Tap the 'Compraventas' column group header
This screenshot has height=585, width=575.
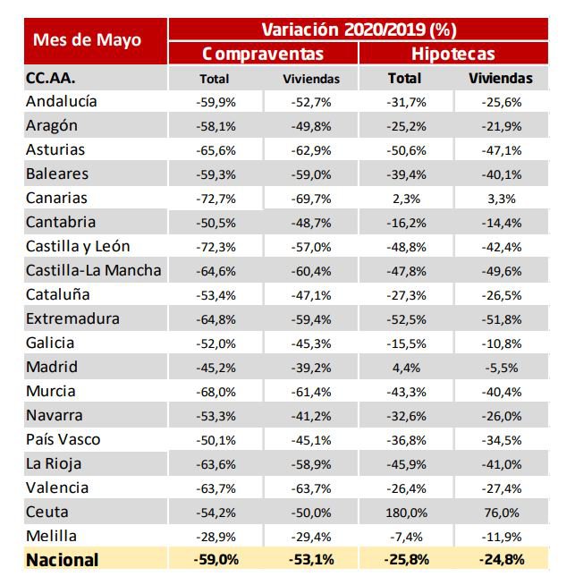263,54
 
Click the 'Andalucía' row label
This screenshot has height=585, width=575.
62,102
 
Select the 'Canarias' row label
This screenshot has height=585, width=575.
57,199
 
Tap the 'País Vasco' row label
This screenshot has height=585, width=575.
63,439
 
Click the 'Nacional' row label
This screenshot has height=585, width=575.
63,560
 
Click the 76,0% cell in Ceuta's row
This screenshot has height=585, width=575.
501,512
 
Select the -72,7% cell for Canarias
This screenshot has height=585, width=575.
215,199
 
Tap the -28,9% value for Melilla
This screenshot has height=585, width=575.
215,536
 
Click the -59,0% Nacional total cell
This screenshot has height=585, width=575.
215,560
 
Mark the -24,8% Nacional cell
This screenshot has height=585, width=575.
501,560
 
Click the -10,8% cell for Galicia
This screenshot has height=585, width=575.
501,343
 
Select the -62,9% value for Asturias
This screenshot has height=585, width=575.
311,150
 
